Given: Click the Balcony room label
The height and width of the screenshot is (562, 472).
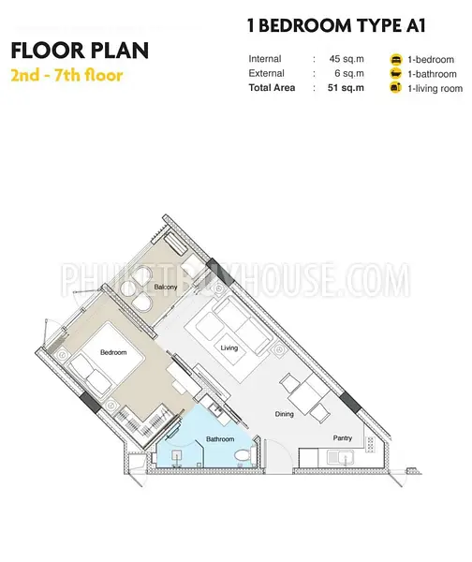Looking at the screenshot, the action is click(x=166, y=287).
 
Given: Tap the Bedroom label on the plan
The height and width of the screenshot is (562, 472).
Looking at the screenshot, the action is click(x=113, y=352).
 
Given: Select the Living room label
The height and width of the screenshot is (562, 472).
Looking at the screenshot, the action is click(x=229, y=348).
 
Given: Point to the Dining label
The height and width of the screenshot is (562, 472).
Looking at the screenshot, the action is click(x=284, y=414).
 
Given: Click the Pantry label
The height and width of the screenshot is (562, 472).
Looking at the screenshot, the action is click(x=342, y=438).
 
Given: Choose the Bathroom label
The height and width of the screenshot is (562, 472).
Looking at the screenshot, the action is click(x=220, y=439).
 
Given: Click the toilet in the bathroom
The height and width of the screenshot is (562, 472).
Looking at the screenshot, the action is click(x=244, y=455).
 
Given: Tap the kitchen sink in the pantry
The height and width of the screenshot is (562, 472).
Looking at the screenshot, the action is click(x=341, y=458).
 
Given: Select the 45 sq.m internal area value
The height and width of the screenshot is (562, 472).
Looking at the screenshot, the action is click(x=347, y=59).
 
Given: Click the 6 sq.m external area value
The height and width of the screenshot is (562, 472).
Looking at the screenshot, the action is click(x=349, y=73).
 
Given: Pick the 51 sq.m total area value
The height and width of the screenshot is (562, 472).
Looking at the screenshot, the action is click(x=346, y=88).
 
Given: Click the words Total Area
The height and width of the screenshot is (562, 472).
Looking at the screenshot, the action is click(x=272, y=88).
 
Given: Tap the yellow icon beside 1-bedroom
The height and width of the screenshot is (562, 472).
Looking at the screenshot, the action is click(x=396, y=59).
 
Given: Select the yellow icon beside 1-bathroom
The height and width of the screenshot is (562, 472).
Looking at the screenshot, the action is click(x=396, y=73).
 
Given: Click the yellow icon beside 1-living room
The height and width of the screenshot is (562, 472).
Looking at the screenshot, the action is click(x=396, y=88).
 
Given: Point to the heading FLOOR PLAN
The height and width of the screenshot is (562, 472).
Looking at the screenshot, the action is click(x=80, y=51).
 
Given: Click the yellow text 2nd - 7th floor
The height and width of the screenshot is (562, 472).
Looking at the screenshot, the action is click(x=67, y=76).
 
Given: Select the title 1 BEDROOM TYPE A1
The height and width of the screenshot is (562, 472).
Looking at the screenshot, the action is click(x=336, y=25).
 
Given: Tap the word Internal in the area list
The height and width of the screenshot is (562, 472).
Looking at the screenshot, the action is click(x=265, y=59).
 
